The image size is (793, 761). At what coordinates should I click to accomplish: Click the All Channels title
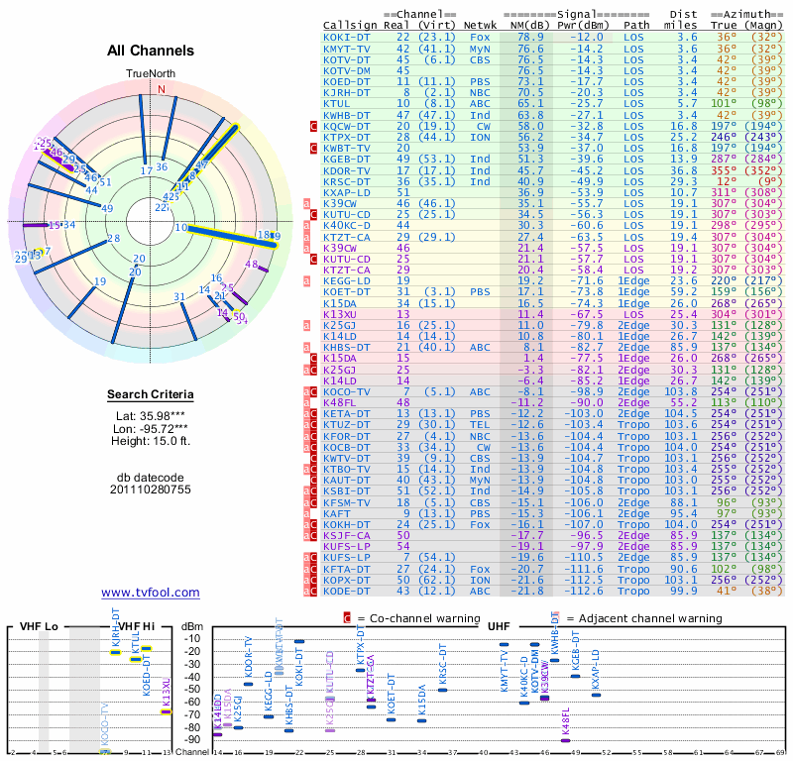150,51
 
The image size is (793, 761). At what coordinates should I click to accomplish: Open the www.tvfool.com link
150,593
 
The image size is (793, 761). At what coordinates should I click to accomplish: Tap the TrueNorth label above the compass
150,74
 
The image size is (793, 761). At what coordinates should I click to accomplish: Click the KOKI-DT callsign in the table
348,37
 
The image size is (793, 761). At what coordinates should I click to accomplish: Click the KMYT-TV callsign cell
348,48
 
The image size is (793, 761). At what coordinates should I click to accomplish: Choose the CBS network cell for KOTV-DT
481,58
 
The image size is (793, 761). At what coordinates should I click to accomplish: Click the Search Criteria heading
150,395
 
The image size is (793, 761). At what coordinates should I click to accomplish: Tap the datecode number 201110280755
150,489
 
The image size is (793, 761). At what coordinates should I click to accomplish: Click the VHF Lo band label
39,627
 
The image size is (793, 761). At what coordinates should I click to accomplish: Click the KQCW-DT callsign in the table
348,126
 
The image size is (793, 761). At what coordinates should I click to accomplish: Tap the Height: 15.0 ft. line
150,442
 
